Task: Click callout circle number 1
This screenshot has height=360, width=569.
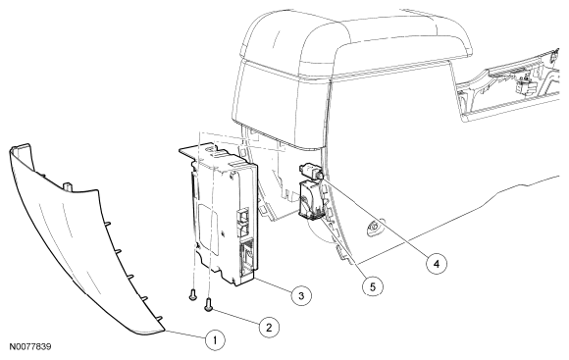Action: tap(215, 340)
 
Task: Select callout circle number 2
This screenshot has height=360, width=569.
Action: tap(269, 328)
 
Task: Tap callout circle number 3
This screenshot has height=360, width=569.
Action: tap(301, 295)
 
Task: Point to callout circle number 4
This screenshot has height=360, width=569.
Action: tap(437, 264)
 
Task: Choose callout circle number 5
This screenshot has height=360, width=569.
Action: tap(373, 286)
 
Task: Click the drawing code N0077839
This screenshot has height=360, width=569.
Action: tap(30, 346)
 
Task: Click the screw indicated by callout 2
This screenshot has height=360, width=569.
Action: tap(209, 304)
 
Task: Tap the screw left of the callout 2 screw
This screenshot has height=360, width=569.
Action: tap(192, 294)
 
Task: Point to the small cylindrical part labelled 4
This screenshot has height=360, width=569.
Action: tap(311, 171)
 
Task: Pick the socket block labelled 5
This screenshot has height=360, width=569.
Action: tap(311, 200)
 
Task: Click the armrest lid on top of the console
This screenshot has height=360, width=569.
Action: tap(354, 43)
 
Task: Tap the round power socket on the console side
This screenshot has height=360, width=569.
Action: tap(375, 228)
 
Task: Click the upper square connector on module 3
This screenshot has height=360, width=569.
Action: tap(243, 215)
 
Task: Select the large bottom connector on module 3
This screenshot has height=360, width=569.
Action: tap(248, 258)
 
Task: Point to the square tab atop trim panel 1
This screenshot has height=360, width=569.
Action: tap(68, 186)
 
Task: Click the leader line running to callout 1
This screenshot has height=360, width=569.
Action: tap(185, 335)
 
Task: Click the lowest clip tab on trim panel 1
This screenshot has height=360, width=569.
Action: tap(158, 318)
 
